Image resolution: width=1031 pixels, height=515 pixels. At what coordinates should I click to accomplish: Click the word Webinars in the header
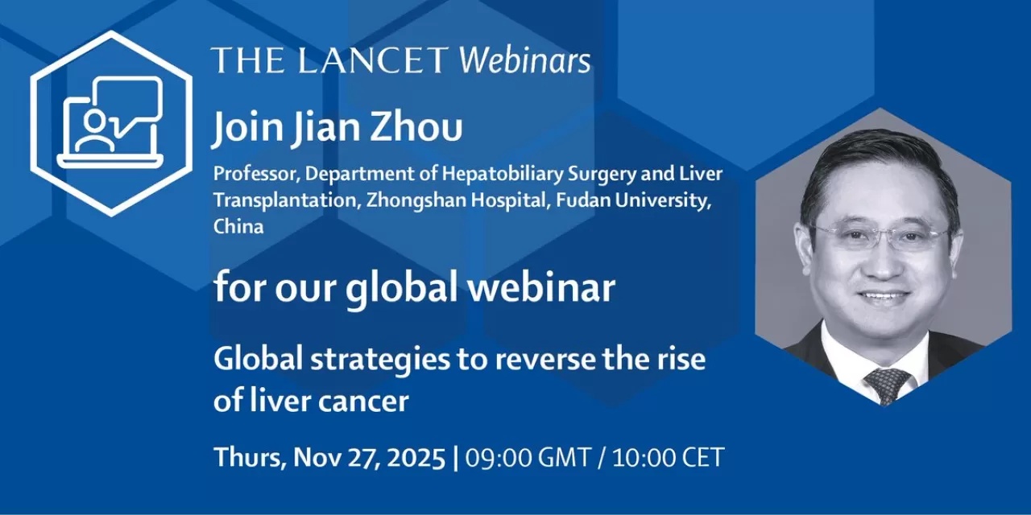pyautogui.click(x=524, y=60)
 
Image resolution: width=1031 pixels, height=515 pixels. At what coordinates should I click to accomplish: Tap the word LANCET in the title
pyautogui.click(x=373, y=60)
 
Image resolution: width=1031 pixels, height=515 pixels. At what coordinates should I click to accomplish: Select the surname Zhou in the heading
pyautogui.click(x=416, y=127)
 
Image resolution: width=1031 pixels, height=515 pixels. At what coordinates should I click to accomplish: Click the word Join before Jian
pyautogui.click(x=248, y=129)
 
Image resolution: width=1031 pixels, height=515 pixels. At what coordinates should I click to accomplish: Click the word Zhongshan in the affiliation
pyautogui.click(x=410, y=200)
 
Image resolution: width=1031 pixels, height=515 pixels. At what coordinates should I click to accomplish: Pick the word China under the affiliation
pyautogui.click(x=238, y=226)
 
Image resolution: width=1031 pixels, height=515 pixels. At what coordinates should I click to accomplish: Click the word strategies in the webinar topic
pyautogui.click(x=380, y=360)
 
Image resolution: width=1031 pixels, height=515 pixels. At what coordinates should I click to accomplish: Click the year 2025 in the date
pyautogui.click(x=416, y=458)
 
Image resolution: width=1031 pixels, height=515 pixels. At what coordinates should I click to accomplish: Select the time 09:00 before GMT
pyautogui.click(x=498, y=458)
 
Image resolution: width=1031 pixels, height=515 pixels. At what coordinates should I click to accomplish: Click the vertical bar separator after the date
pyautogui.click(x=456, y=458)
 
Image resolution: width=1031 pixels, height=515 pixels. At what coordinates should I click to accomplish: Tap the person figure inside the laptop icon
pyautogui.click(x=94, y=131)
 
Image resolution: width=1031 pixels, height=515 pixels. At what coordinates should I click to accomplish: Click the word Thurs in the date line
pyautogui.click(x=247, y=458)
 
